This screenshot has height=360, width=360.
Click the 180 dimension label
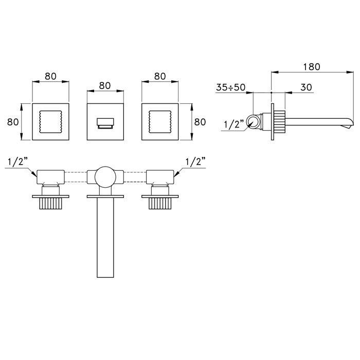tap(312, 67)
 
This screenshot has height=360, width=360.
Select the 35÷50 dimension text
tap(230, 87)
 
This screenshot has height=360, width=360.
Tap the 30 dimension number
tap(306, 87)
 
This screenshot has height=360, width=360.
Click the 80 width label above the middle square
tap(105, 86)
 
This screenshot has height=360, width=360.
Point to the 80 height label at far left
tap(13, 122)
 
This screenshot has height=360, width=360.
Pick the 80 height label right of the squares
tap(200, 122)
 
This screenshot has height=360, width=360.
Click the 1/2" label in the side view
tap(233, 124)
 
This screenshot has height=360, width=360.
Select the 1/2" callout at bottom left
tap(17, 161)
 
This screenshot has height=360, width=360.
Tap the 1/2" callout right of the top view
tap(195, 161)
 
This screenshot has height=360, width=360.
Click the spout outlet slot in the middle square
tap(105, 123)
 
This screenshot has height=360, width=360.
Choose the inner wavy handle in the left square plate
tap(51, 122)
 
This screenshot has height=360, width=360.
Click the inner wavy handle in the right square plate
tap(160, 122)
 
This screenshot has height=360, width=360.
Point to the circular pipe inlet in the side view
tap(254, 122)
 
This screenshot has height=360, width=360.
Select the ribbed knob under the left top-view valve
tap(51, 204)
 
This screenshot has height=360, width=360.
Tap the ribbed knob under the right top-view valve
tap(160, 204)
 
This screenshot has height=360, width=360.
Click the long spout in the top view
tap(105, 238)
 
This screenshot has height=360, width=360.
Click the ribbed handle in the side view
tap(279, 122)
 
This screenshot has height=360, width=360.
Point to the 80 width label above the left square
tap(51, 76)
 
